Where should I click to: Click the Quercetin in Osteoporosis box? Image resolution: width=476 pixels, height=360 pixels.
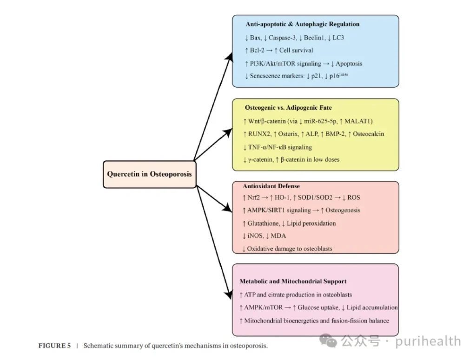(x=149, y=174)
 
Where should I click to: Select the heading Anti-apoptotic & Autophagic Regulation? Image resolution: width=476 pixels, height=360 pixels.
(x=302, y=24)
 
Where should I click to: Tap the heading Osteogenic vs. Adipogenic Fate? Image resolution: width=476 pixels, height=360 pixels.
(x=288, y=108)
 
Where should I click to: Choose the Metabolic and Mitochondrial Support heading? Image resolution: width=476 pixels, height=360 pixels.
(x=293, y=281)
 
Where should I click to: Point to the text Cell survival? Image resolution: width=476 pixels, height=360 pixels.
(x=296, y=50)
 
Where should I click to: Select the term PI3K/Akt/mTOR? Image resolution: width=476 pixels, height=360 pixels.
(x=270, y=63)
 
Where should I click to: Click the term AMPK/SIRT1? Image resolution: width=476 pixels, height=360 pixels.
(x=266, y=210)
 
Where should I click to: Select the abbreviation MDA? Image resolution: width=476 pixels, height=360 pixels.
(x=278, y=236)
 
